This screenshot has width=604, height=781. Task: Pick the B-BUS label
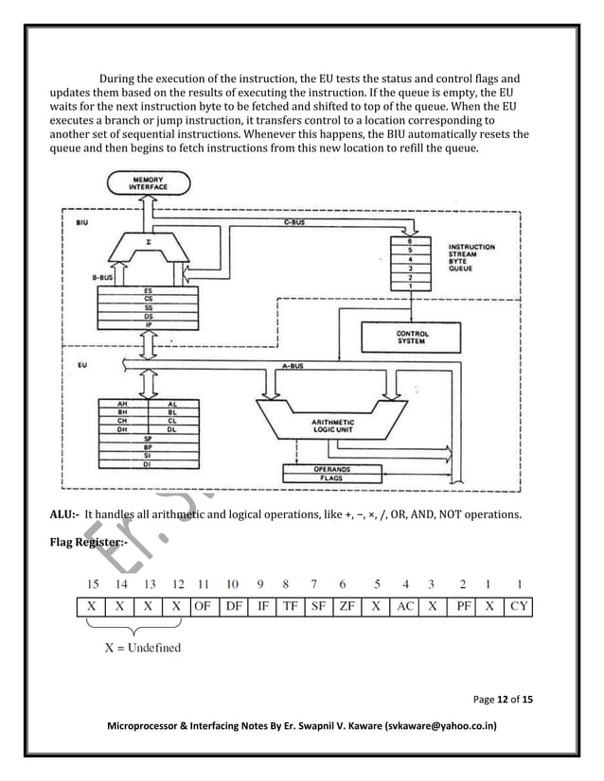click(105, 277)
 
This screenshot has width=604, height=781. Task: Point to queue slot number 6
click(409, 241)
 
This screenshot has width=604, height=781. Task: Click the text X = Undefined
click(142, 648)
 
